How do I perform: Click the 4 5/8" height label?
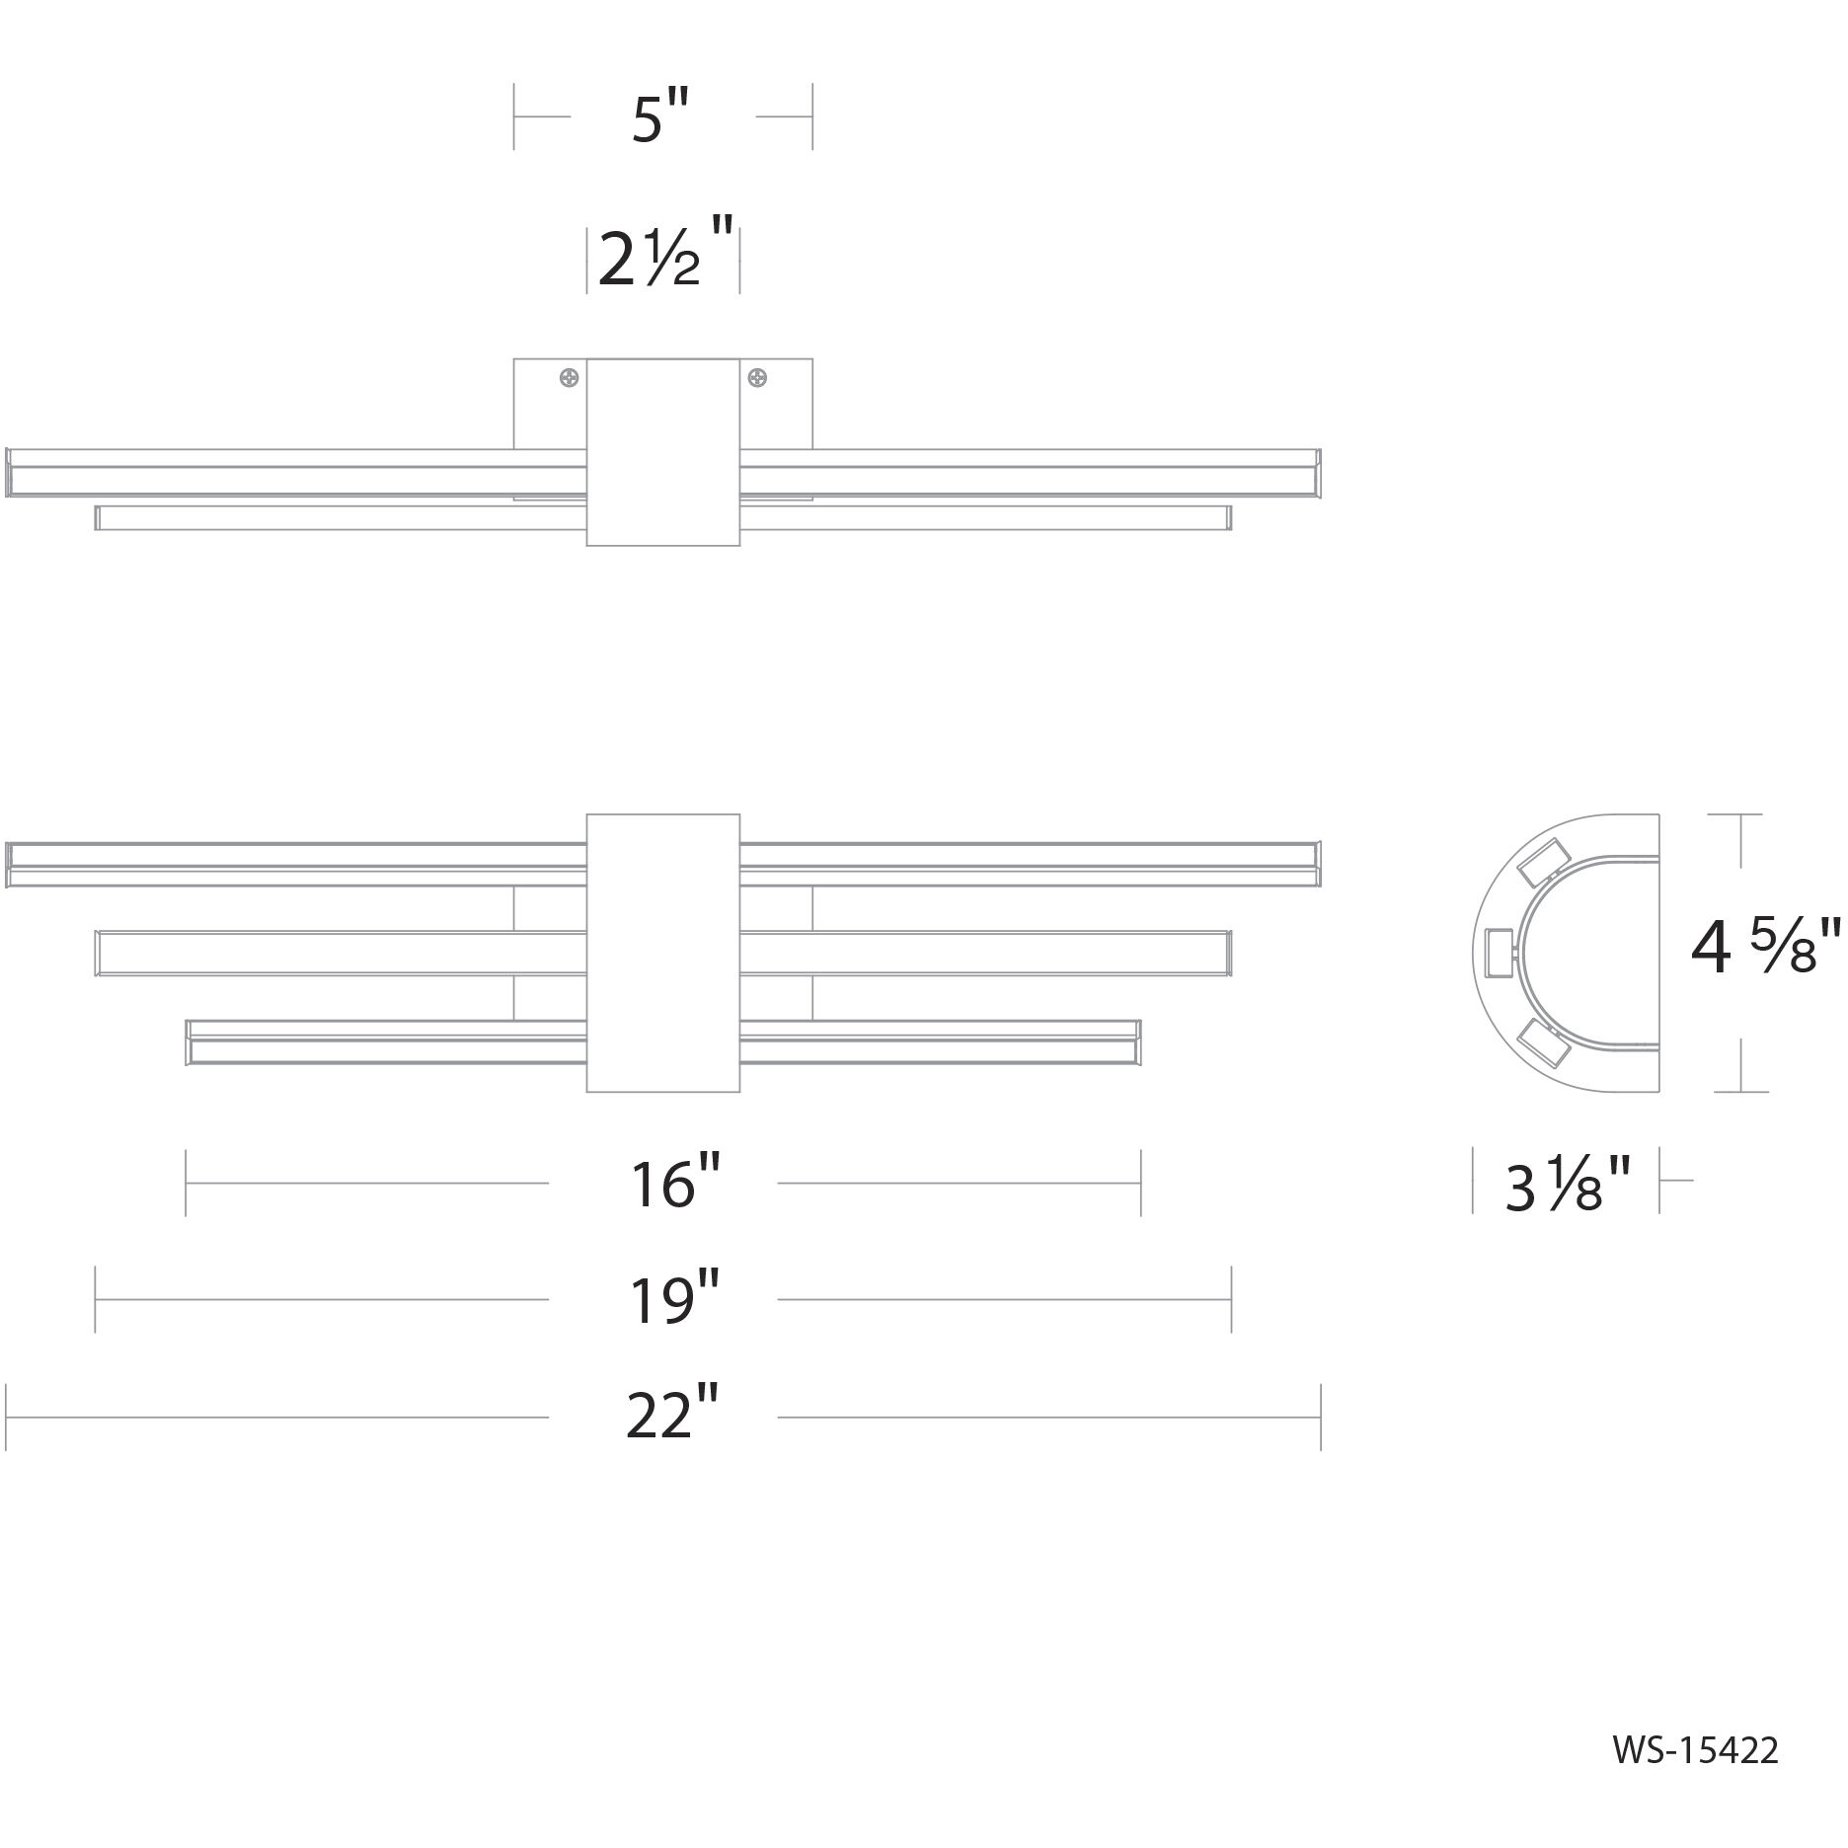pyautogui.click(x=1765, y=948)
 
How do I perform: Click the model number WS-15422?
pyautogui.click(x=1695, y=1749)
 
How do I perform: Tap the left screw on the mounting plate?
pyautogui.click(x=570, y=377)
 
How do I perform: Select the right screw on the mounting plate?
pyautogui.click(x=757, y=377)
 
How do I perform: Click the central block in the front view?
pyautogui.click(x=662, y=953)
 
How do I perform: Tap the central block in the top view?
pyautogui.click(x=662, y=452)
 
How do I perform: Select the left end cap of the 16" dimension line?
pyautogui.click(x=186, y=1183)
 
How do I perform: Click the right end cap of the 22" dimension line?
pyautogui.click(x=1320, y=1417)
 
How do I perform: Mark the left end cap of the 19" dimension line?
pyautogui.click(x=95, y=1299)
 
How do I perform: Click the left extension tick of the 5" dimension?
pyautogui.click(x=514, y=116)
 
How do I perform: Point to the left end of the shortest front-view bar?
pyautogui.click(x=190, y=1042)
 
